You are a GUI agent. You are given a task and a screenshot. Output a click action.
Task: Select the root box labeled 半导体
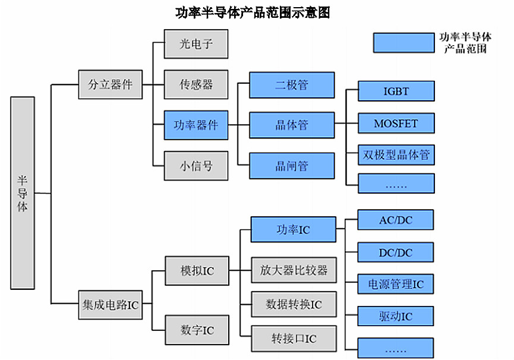point(23,193)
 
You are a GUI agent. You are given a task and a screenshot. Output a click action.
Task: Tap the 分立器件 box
point(111,84)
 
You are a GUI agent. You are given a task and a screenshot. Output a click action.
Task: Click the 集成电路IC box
point(111,305)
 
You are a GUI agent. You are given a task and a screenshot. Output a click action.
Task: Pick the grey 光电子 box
point(196,44)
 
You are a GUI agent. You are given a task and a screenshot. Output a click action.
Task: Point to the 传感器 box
point(196,84)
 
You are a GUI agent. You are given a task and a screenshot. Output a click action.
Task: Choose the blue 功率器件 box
point(196,125)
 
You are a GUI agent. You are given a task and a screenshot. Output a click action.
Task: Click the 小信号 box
point(196,166)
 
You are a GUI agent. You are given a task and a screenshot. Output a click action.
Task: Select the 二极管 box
point(292,84)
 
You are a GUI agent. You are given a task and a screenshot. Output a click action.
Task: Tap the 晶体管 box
point(292,125)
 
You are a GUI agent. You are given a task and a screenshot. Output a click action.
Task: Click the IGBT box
point(396,91)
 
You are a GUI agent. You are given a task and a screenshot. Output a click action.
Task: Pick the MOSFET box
point(396,124)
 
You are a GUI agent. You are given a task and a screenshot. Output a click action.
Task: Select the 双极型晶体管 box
point(396,156)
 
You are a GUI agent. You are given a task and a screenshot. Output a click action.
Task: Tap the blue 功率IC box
point(293,230)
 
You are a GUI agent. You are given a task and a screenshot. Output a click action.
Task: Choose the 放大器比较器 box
point(293,271)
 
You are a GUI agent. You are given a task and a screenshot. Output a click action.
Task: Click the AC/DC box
point(396,220)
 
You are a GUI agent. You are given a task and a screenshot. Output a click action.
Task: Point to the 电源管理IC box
point(396,284)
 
